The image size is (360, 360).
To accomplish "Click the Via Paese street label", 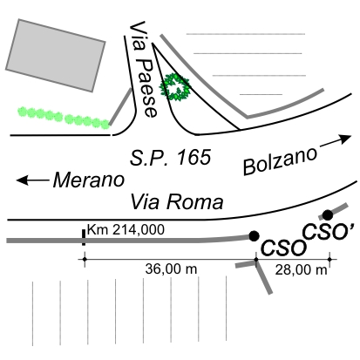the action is coord(143,69).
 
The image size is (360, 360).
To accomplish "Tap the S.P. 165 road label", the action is coord(170,158).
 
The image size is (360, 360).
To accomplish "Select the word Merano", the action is coord(89,180).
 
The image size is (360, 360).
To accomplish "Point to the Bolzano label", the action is coord(280,160).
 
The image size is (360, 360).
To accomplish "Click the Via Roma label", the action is coord(177,201).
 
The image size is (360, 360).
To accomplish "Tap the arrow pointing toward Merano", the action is coord(32,180).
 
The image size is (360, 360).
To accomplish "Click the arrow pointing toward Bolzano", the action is coord(336,140).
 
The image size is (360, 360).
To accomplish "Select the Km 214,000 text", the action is coord(126,229).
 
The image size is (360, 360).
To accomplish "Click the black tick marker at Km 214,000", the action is coord(84,237).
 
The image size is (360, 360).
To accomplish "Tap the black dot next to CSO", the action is coord(254,236).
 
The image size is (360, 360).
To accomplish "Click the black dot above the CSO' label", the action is coord(328,215).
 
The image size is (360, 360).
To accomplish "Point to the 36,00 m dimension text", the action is coord(171,268).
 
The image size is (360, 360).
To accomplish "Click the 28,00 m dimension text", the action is coord(301,270).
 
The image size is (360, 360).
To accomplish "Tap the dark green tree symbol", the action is coord(175,87).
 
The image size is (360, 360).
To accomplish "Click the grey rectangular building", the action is coord(56,55).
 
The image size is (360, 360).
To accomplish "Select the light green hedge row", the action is coord(64,118).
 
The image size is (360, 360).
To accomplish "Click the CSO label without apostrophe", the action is coord(283,248).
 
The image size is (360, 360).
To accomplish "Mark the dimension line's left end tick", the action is coord(85,259).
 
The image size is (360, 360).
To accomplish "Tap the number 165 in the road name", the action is coord(194,158).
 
